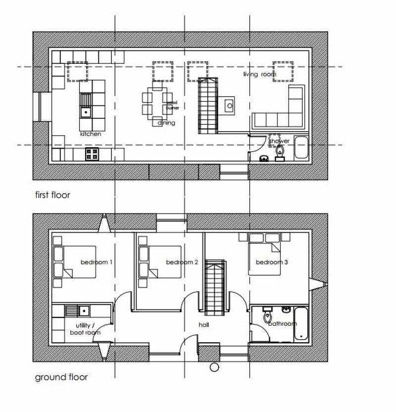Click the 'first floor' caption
tap(52, 195)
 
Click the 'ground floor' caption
tap(61, 377)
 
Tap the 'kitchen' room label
tap(91, 134)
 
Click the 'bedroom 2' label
tap(182, 262)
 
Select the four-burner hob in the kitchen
tap(92, 154)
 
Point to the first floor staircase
tap(207, 105)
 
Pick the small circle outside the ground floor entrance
tap(214, 367)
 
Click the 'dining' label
tap(166, 123)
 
